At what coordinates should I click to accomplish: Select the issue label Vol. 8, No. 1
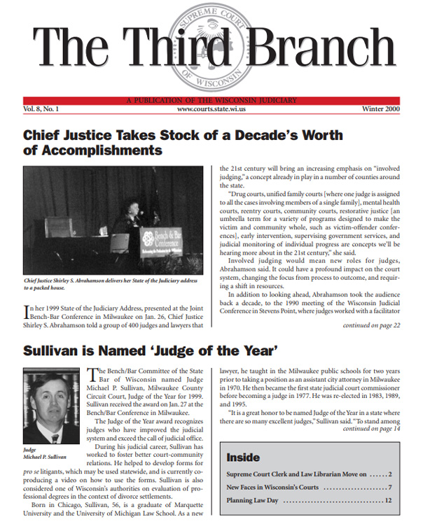point(41,109)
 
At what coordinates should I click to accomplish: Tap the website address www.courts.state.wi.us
point(211,109)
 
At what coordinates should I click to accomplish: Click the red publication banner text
point(211,100)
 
